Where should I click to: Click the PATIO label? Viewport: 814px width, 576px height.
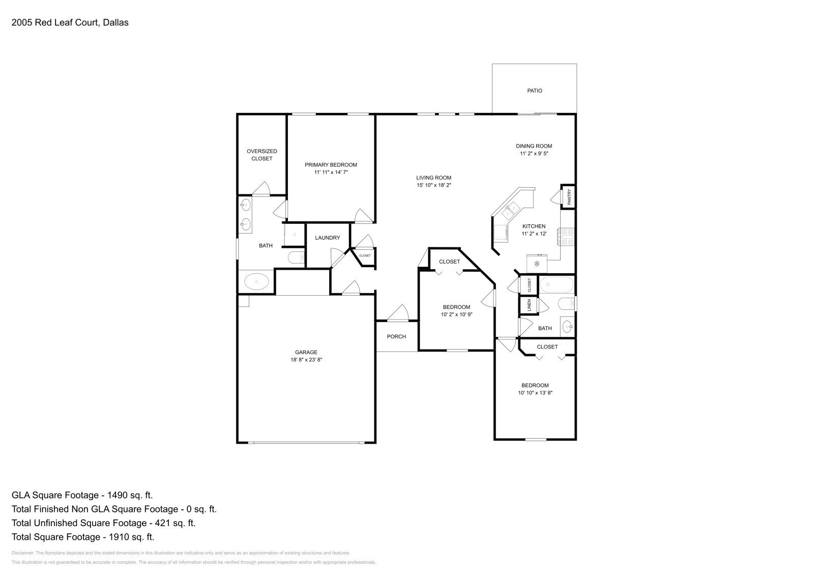535,91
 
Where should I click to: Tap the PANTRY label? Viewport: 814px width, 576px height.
569,196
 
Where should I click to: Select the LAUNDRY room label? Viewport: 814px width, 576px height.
328,238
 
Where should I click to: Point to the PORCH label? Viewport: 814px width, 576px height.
396,336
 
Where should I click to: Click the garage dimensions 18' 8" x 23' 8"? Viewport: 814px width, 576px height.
306,360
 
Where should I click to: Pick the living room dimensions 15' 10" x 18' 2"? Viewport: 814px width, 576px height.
433,185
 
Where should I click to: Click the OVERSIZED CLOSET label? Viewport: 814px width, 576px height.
261,155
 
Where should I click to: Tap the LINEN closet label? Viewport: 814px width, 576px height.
529,305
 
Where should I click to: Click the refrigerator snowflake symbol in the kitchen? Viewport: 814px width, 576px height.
537,264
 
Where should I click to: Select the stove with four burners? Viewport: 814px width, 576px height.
566,236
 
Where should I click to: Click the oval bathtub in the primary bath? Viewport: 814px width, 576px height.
256,282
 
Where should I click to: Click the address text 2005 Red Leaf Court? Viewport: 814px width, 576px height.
55,22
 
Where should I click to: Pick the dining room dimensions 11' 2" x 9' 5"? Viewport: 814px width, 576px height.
534,153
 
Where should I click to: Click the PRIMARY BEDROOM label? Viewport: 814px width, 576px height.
331,165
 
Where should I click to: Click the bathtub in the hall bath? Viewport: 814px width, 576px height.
556,284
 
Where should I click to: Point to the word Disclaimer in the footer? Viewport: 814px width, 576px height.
23,553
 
